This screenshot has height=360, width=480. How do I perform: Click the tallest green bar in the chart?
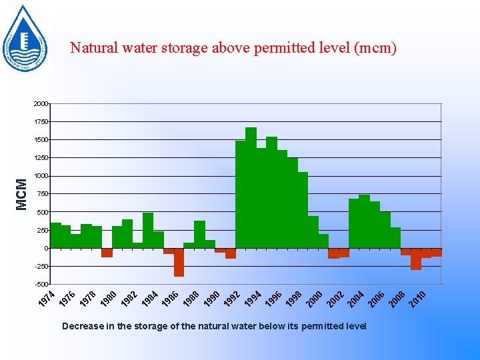pos(251,187)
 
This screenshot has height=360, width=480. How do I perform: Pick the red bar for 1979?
pos(107,252)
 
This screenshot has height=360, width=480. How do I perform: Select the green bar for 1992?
pos(240,194)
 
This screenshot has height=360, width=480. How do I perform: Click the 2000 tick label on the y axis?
pos(41,104)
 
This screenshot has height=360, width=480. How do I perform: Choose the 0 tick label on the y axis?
pos(45,249)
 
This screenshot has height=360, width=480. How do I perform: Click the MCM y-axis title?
pos(22,193)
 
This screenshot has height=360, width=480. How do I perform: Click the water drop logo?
pos(25,37)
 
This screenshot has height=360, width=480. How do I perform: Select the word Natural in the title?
pos(93,48)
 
